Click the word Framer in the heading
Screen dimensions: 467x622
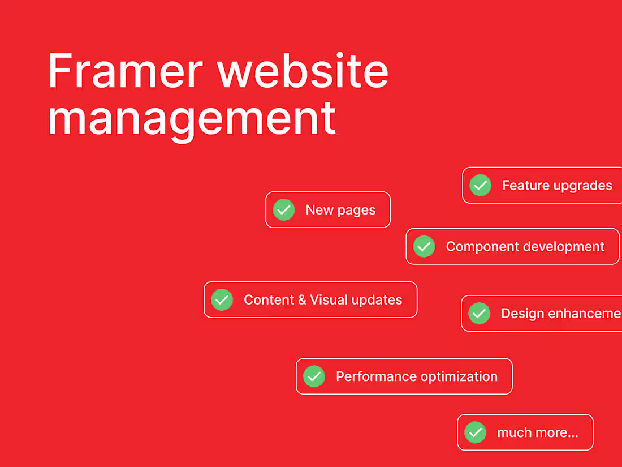click(125, 71)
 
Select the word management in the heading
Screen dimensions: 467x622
click(192, 118)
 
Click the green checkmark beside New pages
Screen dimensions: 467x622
click(284, 210)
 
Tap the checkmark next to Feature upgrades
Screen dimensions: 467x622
click(481, 185)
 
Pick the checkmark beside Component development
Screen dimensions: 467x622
click(424, 246)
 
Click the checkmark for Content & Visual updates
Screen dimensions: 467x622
click(222, 299)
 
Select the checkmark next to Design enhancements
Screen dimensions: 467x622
click(480, 313)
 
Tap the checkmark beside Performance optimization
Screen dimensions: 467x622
click(314, 376)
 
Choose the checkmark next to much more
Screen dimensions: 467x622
click(476, 432)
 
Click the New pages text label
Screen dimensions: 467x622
click(340, 210)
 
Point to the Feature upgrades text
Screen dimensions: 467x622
click(557, 186)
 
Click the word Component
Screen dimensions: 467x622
click(482, 247)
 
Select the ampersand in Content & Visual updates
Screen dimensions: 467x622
click(302, 300)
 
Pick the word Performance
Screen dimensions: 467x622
click(368, 376)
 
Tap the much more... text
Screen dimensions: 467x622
click(537, 433)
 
